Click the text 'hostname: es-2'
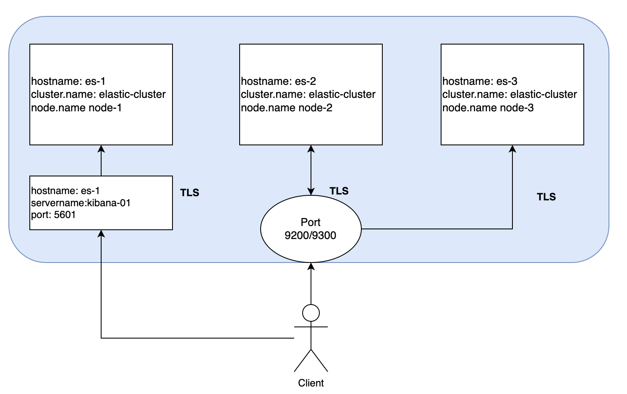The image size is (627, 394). pyautogui.click(x=278, y=81)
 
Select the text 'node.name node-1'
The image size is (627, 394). pyautogui.click(x=76, y=108)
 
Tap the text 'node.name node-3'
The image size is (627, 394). pyautogui.click(x=488, y=108)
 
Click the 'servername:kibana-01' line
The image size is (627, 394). pyautogui.click(x=81, y=203)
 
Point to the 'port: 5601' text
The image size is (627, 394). pyautogui.click(x=53, y=215)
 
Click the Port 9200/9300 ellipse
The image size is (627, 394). pyautogui.click(x=311, y=229)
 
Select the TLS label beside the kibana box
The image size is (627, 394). pyautogui.click(x=190, y=193)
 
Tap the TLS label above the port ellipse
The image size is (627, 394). pyautogui.click(x=339, y=191)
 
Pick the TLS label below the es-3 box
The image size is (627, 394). pyautogui.click(x=546, y=197)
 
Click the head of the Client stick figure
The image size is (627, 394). pyautogui.click(x=311, y=313)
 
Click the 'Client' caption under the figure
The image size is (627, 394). pyautogui.click(x=311, y=383)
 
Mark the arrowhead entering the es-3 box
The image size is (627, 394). pyautogui.click(x=512, y=149)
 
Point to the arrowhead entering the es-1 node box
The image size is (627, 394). pyautogui.click(x=101, y=149)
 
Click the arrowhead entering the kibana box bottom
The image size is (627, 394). pyautogui.click(x=101, y=234)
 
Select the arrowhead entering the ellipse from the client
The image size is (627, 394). pyautogui.click(x=311, y=266)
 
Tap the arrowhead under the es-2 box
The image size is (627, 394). pyautogui.click(x=311, y=149)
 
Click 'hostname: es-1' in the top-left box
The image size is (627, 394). pyautogui.click(x=68, y=81)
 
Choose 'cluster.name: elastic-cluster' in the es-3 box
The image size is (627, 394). pyautogui.click(x=509, y=95)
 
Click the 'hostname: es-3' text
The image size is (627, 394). pyautogui.click(x=480, y=81)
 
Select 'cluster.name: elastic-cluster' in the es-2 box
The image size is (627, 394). pyautogui.click(x=308, y=95)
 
